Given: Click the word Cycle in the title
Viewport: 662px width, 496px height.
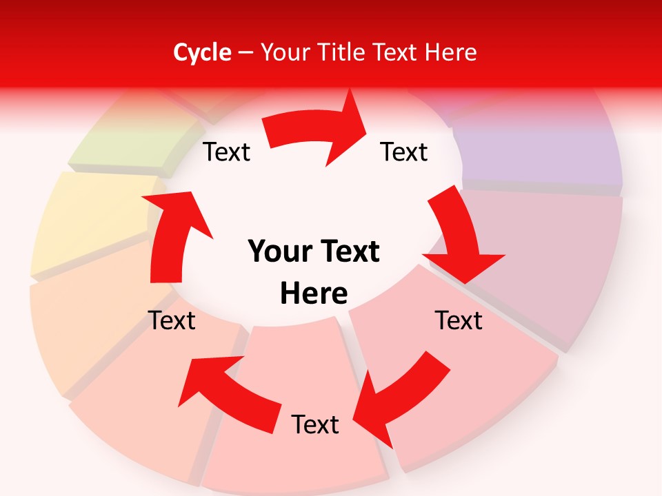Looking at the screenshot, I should [x=202, y=52].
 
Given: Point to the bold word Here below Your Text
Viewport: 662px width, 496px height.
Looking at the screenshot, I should [x=314, y=293].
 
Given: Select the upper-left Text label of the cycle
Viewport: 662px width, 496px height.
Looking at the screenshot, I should [x=227, y=152].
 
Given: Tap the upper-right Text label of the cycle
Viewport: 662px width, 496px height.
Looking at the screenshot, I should [x=404, y=152].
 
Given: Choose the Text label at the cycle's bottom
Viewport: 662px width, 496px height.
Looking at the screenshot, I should [x=315, y=424].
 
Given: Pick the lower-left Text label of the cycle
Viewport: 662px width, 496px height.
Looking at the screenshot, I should [x=172, y=320].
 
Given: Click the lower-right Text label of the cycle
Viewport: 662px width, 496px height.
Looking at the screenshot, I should [x=459, y=320].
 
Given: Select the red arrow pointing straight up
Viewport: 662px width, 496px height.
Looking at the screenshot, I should [x=172, y=234].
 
